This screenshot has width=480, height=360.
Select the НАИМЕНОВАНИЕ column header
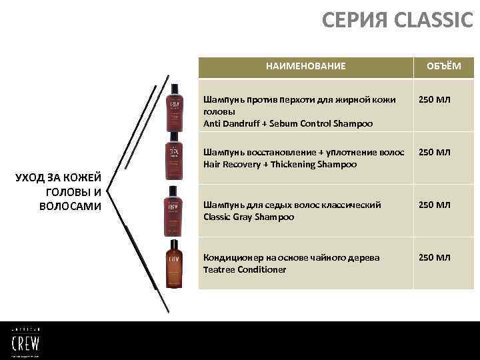(x=305, y=66)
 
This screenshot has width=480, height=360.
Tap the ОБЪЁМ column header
(x=444, y=66)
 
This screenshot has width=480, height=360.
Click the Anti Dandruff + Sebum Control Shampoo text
(x=287, y=123)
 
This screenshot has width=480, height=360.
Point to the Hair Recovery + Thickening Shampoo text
(x=279, y=164)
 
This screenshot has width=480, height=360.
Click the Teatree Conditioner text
(x=245, y=269)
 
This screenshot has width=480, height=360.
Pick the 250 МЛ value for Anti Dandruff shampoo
(x=434, y=100)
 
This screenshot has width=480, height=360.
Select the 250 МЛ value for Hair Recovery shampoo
(x=434, y=152)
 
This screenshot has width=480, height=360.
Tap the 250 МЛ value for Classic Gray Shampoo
(x=434, y=205)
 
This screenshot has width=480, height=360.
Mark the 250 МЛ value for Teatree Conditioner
(x=434, y=257)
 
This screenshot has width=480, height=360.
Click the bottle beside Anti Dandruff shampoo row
(x=174, y=107)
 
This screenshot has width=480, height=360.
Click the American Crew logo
(x=25, y=341)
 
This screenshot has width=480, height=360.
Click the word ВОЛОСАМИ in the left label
(x=70, y=206)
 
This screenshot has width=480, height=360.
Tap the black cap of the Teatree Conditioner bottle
(x=174, y=243)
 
